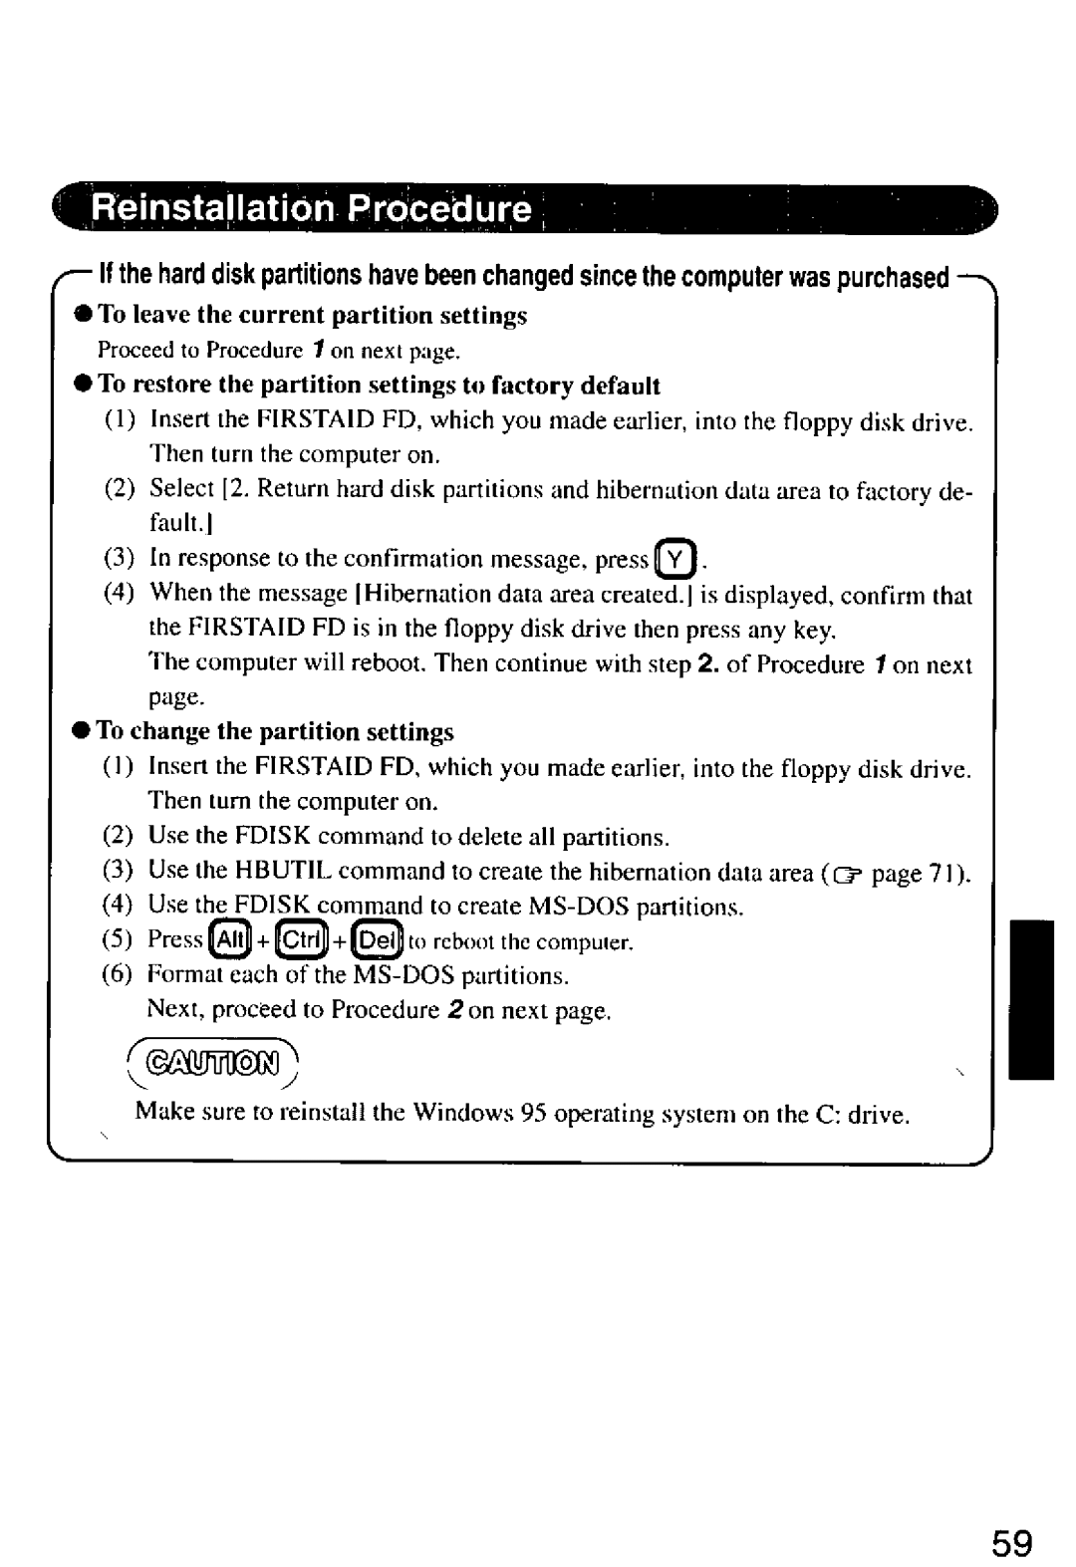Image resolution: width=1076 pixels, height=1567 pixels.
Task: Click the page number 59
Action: click(x=1011, y=1517)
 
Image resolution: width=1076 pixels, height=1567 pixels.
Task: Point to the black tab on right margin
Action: click(x=1031, y=999)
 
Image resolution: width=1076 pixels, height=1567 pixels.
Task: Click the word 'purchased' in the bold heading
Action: click(x=893, y=277)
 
